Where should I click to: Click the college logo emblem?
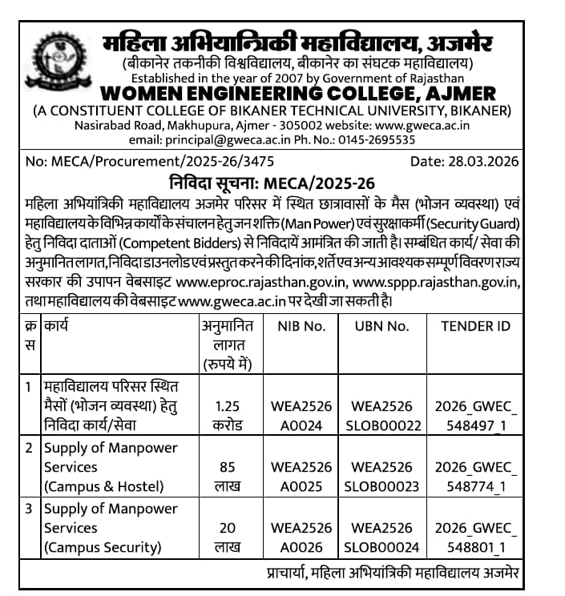point(53,60)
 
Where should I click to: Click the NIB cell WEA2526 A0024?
point(301,415)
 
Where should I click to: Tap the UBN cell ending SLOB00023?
point(381,486)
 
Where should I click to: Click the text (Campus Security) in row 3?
point(103,548)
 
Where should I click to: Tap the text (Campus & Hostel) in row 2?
point(103,486)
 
